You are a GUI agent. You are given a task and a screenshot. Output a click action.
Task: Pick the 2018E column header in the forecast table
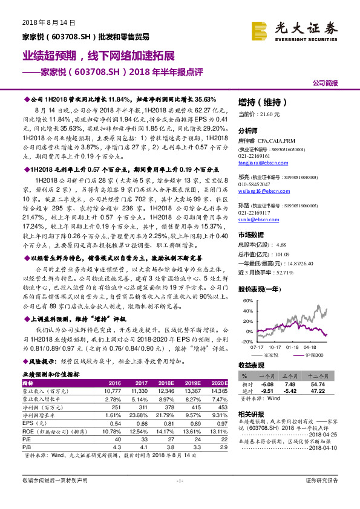[166, 383]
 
